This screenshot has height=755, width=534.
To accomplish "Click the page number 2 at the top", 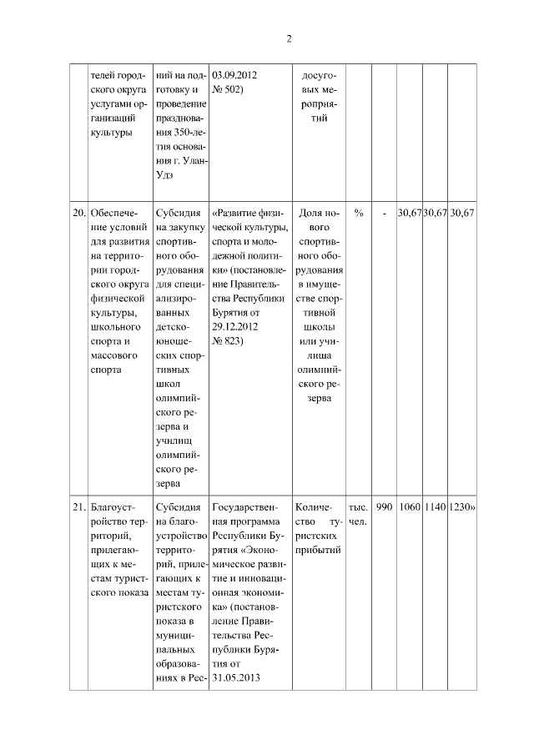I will pyautogui.click(x=289, y=38).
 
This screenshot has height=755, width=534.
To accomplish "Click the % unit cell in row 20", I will pyautogui.click(x=359, y=214).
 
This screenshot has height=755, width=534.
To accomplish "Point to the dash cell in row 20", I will pyautogui.click(x=384, y=214).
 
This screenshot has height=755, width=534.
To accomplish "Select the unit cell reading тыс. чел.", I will pyautogui.click(x=359, y=514).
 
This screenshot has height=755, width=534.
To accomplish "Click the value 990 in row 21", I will pyautogui.click(x=384, y=506).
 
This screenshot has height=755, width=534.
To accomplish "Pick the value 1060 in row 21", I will pyautogui.click(x=410, y=506).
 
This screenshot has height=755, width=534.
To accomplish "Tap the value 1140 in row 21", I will pyautogui.click(x=435, y=506).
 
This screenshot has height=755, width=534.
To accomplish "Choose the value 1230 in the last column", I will pyautogui.click(x=461, y=506).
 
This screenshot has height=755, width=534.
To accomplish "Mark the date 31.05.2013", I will pyautogui.click(x=235, y=677).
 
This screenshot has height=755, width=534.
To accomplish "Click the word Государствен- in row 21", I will pyautogui.click(x=247, y=506).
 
